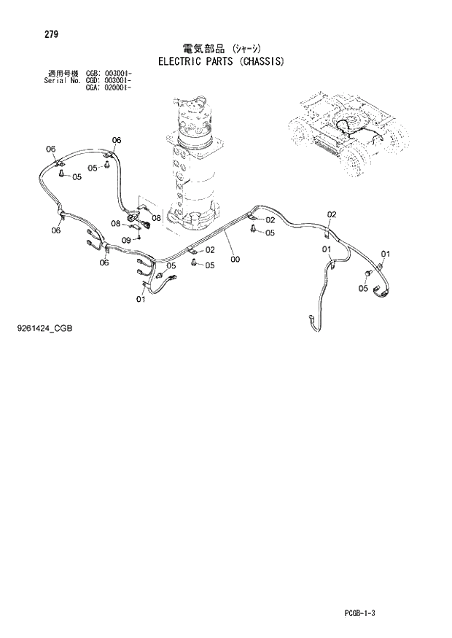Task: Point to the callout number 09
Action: [126, 240]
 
